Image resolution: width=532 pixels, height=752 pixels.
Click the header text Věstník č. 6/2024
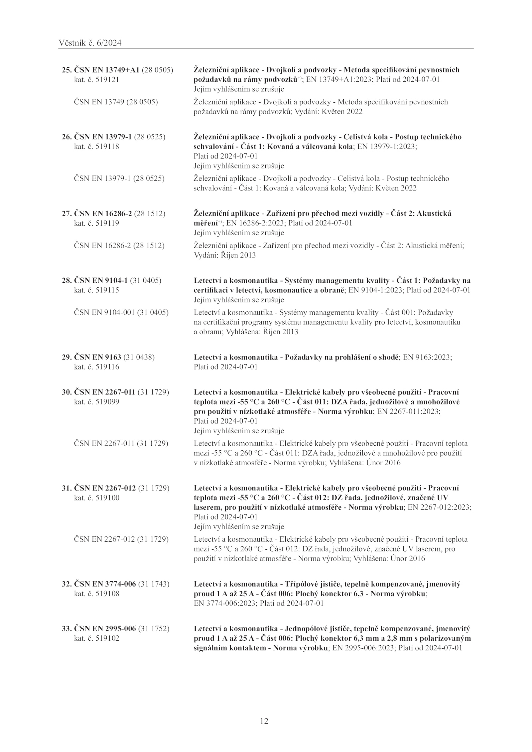click(x=90, y=43)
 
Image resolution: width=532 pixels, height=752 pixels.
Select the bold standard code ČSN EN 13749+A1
click(x=106, y=70)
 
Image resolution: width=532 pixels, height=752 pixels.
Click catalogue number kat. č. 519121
click(x=96, y=80)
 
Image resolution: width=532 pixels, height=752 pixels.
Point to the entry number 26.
click(x=66, y=137)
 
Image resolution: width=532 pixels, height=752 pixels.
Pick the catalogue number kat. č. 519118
click(x=96, y=147)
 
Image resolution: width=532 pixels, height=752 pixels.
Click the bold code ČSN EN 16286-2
click(x=103, y=213)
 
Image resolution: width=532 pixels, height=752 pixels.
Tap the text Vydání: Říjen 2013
click(x=225, y=256)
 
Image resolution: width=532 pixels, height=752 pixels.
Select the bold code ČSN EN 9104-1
click(x=101, y=280)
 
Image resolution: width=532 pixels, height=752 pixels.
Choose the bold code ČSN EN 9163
click(x=97, y=357)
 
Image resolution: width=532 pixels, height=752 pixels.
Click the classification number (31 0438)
click(x=139, y=357)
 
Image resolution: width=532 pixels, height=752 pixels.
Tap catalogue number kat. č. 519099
click(x=96, y=402)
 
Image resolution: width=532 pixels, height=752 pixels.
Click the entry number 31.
click(x=66, y=488)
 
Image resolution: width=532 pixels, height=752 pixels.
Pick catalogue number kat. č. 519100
click(x=96, y=498)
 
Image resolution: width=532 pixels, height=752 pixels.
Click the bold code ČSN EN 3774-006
click(x=105, y=584)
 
